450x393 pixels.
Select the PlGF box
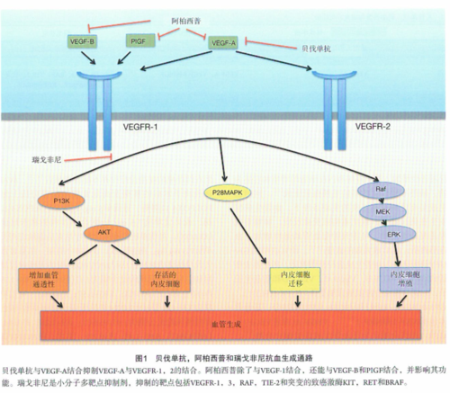138,41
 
